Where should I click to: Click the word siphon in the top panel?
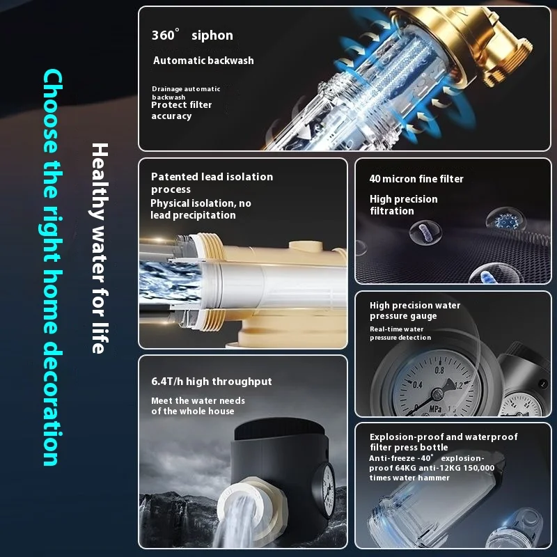coord(212,36)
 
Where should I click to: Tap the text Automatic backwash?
coord(203,61)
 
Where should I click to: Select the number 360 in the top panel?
coord(163,36)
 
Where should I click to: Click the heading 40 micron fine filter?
coord(416,179)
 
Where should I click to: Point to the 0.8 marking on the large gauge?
coord(439,370)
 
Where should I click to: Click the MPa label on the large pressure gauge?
coord(436,409)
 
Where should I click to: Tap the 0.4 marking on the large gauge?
coord(417,385)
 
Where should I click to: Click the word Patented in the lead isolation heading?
coord(175,177)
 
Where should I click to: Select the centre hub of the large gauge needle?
coord(437,393)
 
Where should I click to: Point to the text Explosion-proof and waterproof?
coord(444,437)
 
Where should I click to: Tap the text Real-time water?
coord(397,329)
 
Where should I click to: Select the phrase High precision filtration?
coord(404,205)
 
